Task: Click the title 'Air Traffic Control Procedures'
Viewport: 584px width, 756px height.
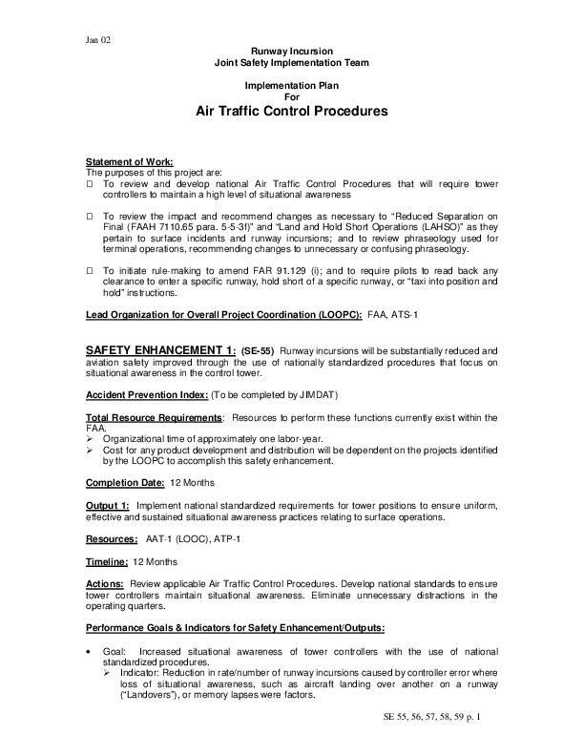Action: tap(292, 111)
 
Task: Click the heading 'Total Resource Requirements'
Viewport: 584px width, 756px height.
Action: tap(154, 418)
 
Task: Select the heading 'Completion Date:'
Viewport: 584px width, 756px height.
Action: tap(124, 482)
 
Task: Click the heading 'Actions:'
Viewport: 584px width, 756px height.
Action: tap(105, 582)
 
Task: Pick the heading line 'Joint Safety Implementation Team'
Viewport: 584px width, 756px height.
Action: tap(292, 62)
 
